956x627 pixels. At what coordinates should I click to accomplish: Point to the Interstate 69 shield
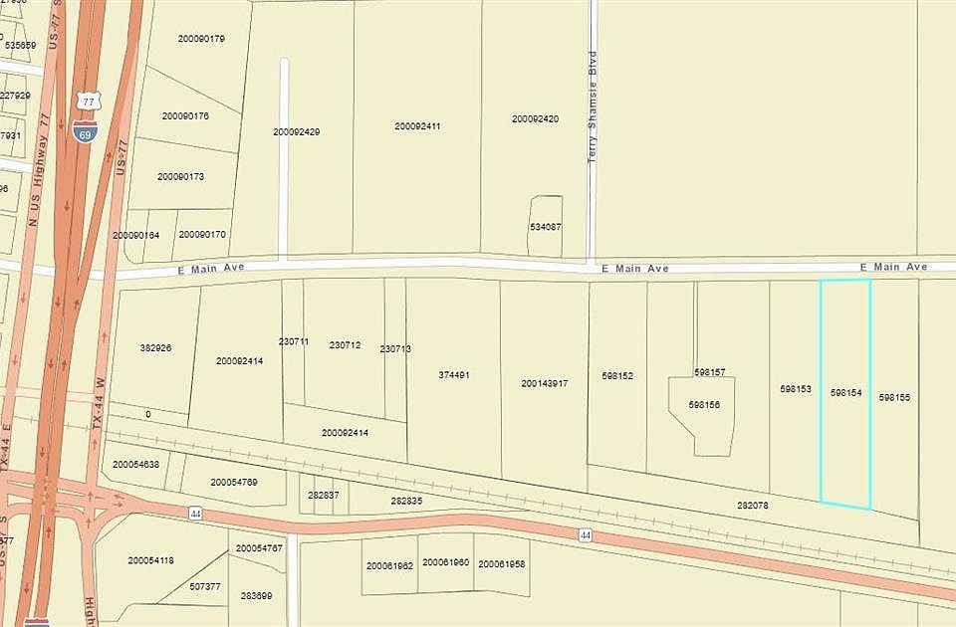pyautogui.click(x=85, y=130)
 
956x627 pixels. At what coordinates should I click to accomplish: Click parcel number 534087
pyautogui.click(x=545, y=227)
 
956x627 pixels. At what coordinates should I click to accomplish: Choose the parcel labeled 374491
pyautogui.click(x=453, y=375)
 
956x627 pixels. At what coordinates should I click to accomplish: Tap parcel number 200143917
pyautogui.click(x=544, y=383)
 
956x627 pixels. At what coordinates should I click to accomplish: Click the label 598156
pyautogui.click(x=704, y=405)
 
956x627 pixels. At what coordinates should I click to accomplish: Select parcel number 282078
pyautogui.click(x=752, y=506)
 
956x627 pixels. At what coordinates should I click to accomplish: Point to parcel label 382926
pyautogui.click(x=155, y=348)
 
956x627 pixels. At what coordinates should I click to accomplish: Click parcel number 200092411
pyautogui.click(x=417, y=126)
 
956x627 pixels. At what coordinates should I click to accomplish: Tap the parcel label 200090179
pyautogui.click(x=201, y=39)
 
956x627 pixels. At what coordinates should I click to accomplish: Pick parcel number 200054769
pyautogui.click(x=234, y=483)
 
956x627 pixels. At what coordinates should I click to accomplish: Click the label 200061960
pyautogui.click(x=445, y=563)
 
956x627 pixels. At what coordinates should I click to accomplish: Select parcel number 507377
pyautogui.click(x=204, y=586)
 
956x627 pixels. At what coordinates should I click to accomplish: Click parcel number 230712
pyautogui.click(x=345, y=345)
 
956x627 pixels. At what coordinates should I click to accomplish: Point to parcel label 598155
pyautogui.click(x=894, y=397)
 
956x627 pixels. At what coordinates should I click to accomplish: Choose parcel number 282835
pyautogui.click(x=406, y=501)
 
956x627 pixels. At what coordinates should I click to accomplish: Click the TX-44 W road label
pyautogui.click(x=99, y=402)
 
